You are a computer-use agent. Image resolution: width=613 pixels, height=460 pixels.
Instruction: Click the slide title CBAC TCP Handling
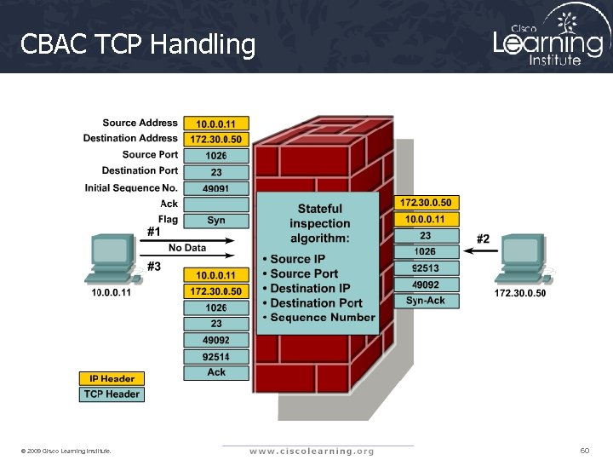click(x=137, y=43)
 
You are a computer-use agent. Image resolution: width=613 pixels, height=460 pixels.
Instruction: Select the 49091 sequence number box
click(x=216, y=188)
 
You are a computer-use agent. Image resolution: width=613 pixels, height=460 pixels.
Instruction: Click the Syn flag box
click(x=216, y=221)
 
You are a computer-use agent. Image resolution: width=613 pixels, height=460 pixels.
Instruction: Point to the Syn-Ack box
click(x=426, y=301)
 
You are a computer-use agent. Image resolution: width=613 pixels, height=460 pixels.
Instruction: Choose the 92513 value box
click(x=426, y=268)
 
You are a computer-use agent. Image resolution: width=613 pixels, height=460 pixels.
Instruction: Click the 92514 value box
click(x=216, y=356)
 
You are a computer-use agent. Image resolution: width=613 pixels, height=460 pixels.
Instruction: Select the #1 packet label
click(x=154, y=231)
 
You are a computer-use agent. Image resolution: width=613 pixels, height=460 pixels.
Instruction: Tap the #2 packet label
click(x=483, y=239)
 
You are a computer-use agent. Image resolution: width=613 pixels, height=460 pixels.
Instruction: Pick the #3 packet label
click(x=154, y=266)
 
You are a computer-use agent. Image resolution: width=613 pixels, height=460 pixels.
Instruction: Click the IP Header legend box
click(x=112, y=378)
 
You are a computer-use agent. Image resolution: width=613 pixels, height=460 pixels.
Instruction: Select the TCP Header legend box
click(x=112, y=394)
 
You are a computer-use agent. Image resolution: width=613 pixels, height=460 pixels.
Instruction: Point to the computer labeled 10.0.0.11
click(x=112, y=260)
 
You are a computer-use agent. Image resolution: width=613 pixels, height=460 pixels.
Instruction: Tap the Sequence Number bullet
click(x=322, y=318)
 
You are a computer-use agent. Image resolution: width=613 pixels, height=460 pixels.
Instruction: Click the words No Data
click(x=187, y=248)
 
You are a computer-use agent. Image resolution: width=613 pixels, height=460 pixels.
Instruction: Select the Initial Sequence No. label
click(x=132, y=187)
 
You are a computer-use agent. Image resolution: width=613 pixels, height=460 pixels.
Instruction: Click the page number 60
click(x=584, y=450)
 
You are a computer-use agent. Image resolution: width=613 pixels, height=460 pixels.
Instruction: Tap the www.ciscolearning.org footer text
click(x=311, y=451)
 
